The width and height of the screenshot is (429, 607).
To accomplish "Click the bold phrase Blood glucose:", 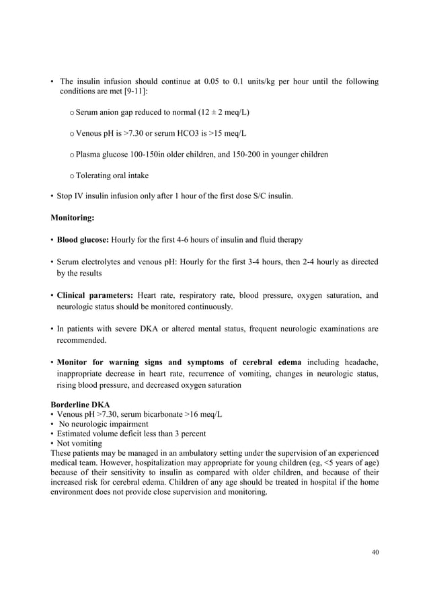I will click(83, 239).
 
